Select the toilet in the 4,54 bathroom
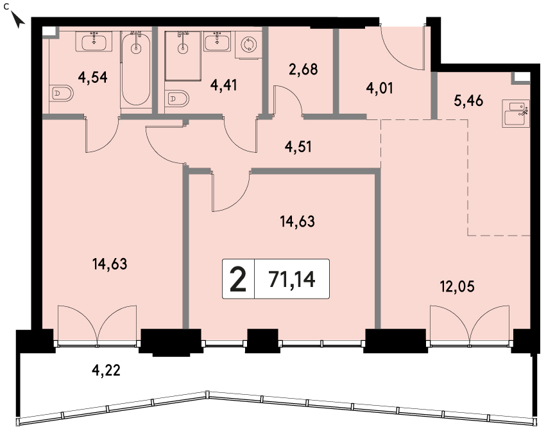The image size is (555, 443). tap(61, 93)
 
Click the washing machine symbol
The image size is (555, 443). tap(249, 44)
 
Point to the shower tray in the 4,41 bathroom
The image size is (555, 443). tap(183, 56)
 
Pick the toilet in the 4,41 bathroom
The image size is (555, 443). tap(176, 98)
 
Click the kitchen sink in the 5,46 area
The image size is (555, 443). tap(516, 113)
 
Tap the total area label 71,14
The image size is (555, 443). tap(292, 279)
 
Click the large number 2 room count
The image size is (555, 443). tap(238, 279)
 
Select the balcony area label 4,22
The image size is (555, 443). tap(106, 370)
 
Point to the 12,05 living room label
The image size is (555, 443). tap(457, 286)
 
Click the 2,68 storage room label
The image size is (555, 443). tap(303, 69)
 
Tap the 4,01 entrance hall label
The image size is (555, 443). tap(380, 88)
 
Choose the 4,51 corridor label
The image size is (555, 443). tap(298, 146)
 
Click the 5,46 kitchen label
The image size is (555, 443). tap(468, 101)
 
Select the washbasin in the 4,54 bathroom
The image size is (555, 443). tap(94, 42)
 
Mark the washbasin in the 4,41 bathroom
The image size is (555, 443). tap(218, 41)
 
